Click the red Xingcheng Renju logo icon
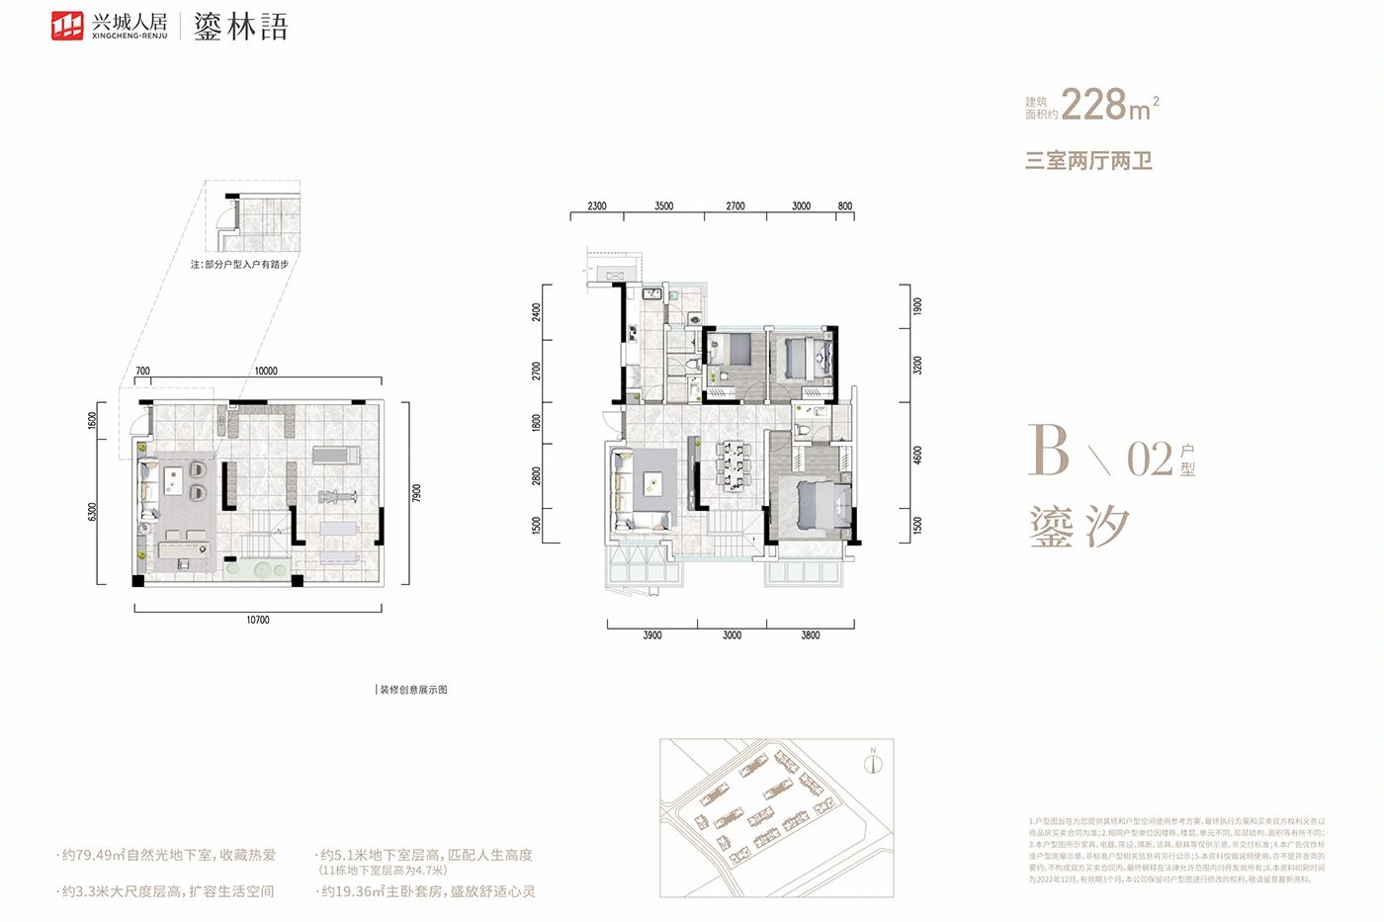click(x=68, y=26)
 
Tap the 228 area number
click(x=1094, y=104)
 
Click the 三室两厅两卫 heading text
click(x=1088, y=160)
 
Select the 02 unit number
click(x=1150, y=460)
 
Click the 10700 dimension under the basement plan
click(x=257, y=621)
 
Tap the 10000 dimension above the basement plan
click(x=266, y=372)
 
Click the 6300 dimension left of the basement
click(x=93, y=512)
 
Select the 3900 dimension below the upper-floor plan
click(x=652, y=635)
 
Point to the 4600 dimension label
click(x=917, y=456)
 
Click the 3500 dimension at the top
click(x=663, y=207)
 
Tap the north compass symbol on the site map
click(x=872, y=763)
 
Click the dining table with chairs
click(x=733, y=464)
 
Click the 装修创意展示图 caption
click(x=413, y=690)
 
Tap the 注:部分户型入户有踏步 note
click(x=240, y=265)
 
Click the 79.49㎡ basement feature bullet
click(x=168, y=856)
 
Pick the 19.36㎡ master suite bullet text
click(x=427, y=891)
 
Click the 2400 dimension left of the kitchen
click(x=537, y=311)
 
